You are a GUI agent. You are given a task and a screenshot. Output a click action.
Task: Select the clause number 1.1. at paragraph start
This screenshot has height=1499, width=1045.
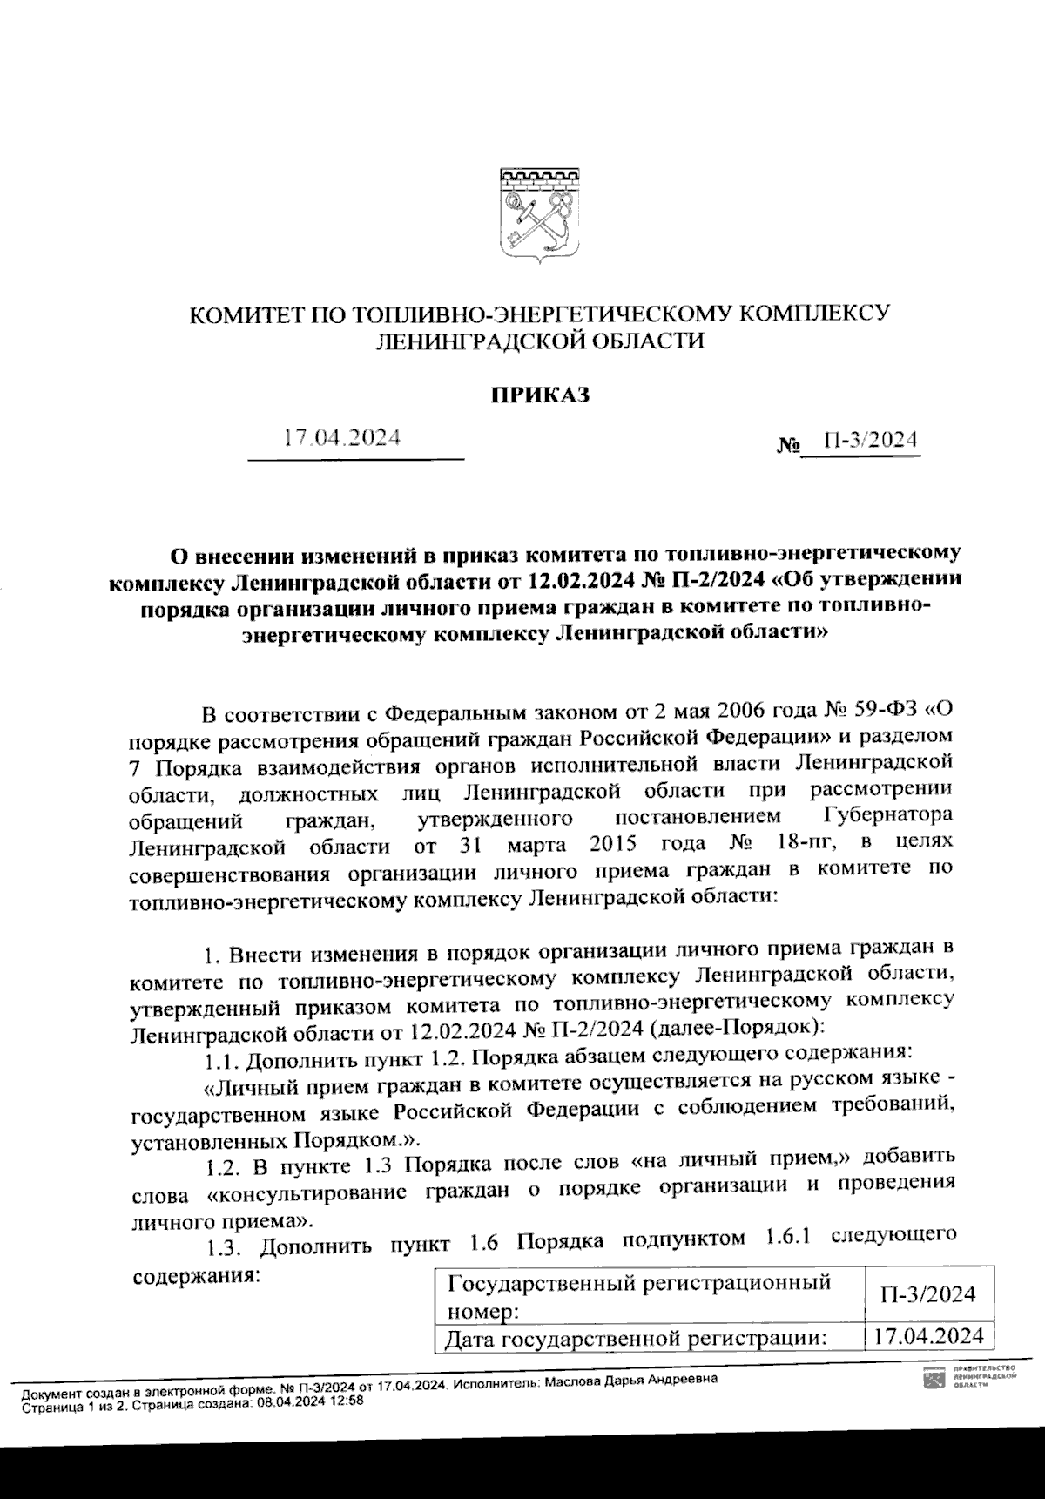pos(221,1061)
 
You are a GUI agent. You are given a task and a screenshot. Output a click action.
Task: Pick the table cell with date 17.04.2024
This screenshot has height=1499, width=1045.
pos(928,1336)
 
